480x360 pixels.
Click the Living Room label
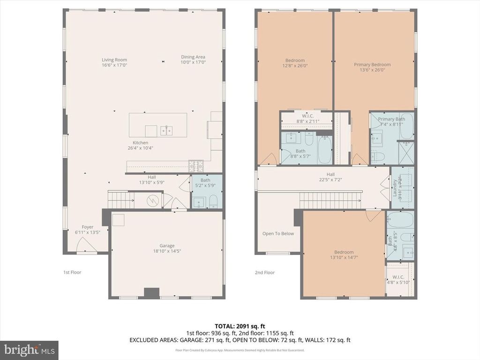tap(114, 60)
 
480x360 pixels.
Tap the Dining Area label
tap(193, 57)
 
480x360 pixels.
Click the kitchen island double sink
tap(166, 130)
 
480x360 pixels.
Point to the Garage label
tap(167, 246)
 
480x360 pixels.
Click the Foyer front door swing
tap(84, 245)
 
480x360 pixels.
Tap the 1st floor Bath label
tap(205, 180)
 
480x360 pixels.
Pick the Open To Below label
tap(278, 233)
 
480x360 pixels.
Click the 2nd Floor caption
tap(264, 272)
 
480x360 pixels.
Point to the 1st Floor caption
tap(72, 272)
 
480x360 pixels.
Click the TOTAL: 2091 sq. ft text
tap(240, 326)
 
